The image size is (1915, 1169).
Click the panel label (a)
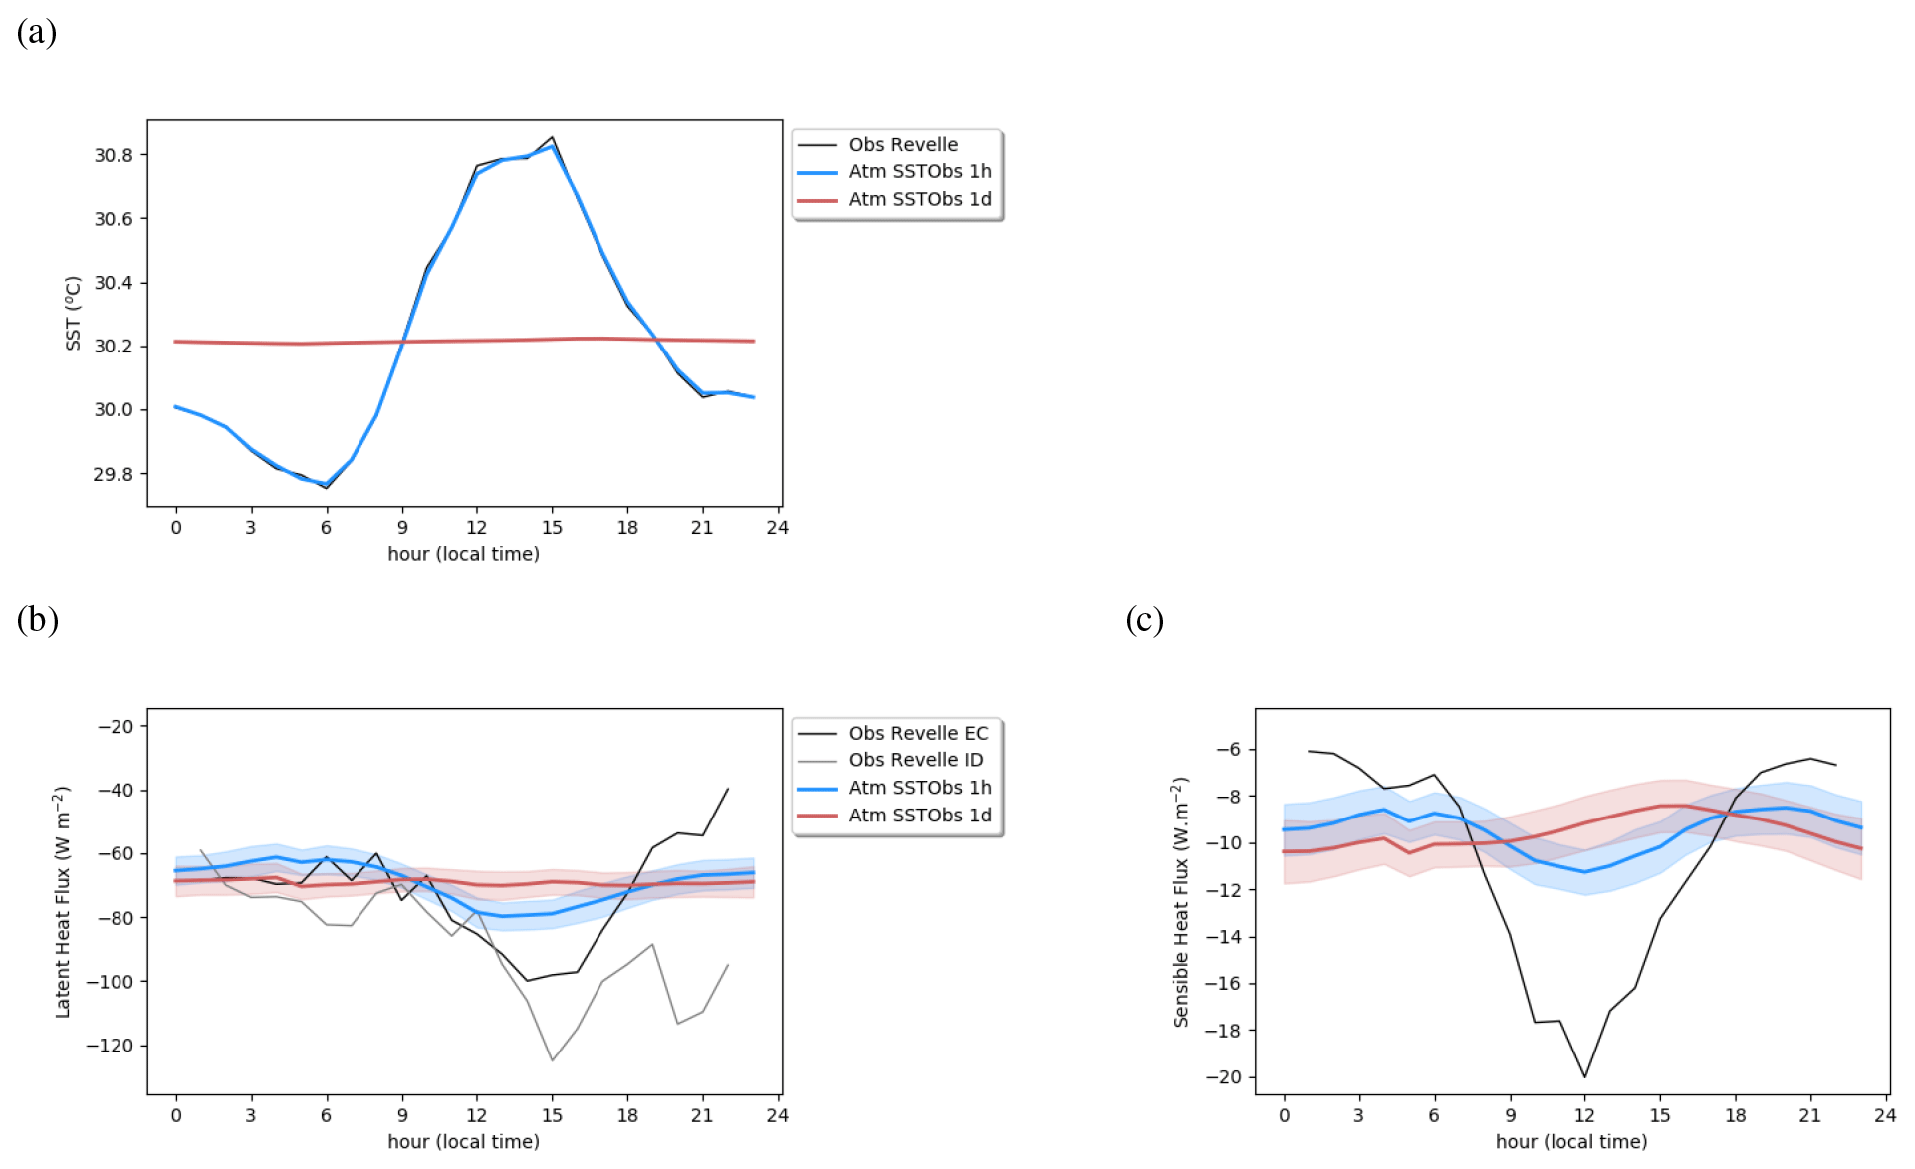(37, 33)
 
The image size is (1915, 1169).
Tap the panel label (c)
(1144, 620)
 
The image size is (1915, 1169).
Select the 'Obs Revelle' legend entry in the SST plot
(902, 145)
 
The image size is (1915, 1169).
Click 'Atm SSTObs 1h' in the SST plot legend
(919, 172)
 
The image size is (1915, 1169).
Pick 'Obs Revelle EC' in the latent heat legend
(917, 733)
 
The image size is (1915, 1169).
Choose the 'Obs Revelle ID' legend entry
(915, 760)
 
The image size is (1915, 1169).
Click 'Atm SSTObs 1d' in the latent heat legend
(919, 816)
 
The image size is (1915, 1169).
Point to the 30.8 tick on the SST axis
(114, 155)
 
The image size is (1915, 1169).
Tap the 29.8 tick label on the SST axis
(114, 474)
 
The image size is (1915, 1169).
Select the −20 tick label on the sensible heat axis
(1223, 1077)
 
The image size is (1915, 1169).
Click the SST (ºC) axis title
(73, 313)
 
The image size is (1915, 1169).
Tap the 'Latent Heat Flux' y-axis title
(63, 901)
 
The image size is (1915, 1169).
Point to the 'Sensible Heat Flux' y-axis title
(1181, 901)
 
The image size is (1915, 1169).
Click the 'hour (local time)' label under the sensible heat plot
(1570, 1142)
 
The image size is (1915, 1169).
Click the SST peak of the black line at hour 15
(553, 137)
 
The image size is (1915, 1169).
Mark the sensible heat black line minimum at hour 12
(1584, 1077)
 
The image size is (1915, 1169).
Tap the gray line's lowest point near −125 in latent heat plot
(553, 1060)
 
